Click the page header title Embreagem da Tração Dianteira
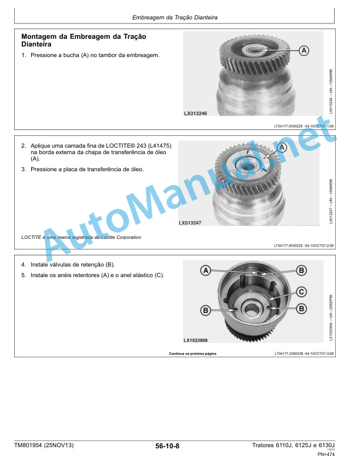point(175,18)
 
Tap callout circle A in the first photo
point(304,51)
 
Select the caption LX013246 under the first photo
point(195,113)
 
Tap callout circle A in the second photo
point(282,148)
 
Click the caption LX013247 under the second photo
point(190,222)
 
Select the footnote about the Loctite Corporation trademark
point(81,237)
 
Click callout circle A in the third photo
point(206,271)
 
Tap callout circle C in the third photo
point(302,292)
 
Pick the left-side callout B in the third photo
point(205,311)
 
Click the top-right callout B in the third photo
point(302,271)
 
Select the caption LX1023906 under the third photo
point(196,340)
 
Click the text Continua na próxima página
point(193,354)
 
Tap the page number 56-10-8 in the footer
point(167,446)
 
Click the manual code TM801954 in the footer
point(28,445)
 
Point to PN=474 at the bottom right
point(326,454)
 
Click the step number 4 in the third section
point(24,265)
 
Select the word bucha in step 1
point(72,55)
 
